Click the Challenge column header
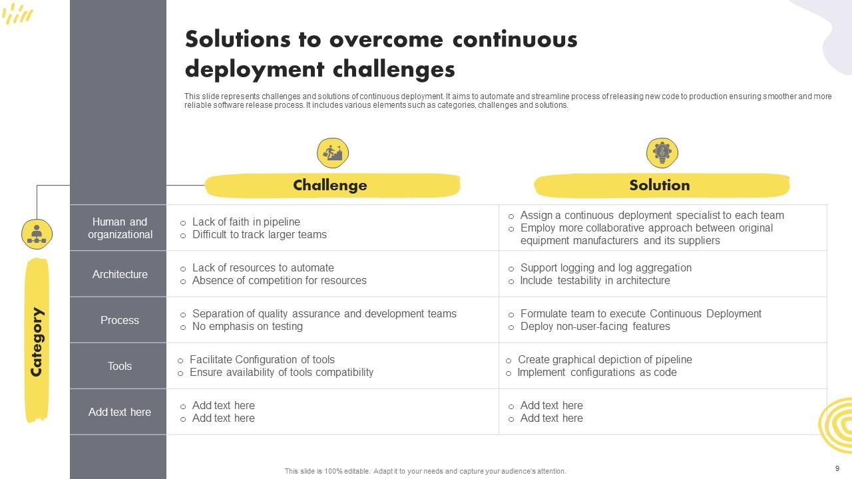pyautogui.click(x=330, y=186)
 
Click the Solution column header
pyautogui.click(x=660, y=186)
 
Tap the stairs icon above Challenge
pyautogui.click(x=333, y=153)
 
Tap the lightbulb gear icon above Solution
pyautogui.click(x=662, y=153)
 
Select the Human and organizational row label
pyautogui.click(x=120, y=228)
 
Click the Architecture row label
pyautogui.click(x=120, y=274)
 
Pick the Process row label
pyautogui.click(x=120, y=320)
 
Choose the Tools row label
pyautogui.click(x=120, y=366)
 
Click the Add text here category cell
pyautogui.click(x=120, y=412)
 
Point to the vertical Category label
pyautogui.click(x=37, y=341)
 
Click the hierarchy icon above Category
pyautogui.click(x=37, y=234)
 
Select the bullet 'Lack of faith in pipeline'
pyautogui.click(x=246, y=222)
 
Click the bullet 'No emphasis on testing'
pyautogui.click(x=247, y=326)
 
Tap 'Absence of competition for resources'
pyautogui.click(x=279, y=280)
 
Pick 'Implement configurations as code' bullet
pyautogui.click(x=596, y=372)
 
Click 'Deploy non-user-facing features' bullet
pyautogui.click(x=594, y=326)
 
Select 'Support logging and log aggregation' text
pyautogui.click(x=606, y=267)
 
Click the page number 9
pyautogui.click(x=837, y=468)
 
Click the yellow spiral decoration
pyautogui.click(x=837, y=426)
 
